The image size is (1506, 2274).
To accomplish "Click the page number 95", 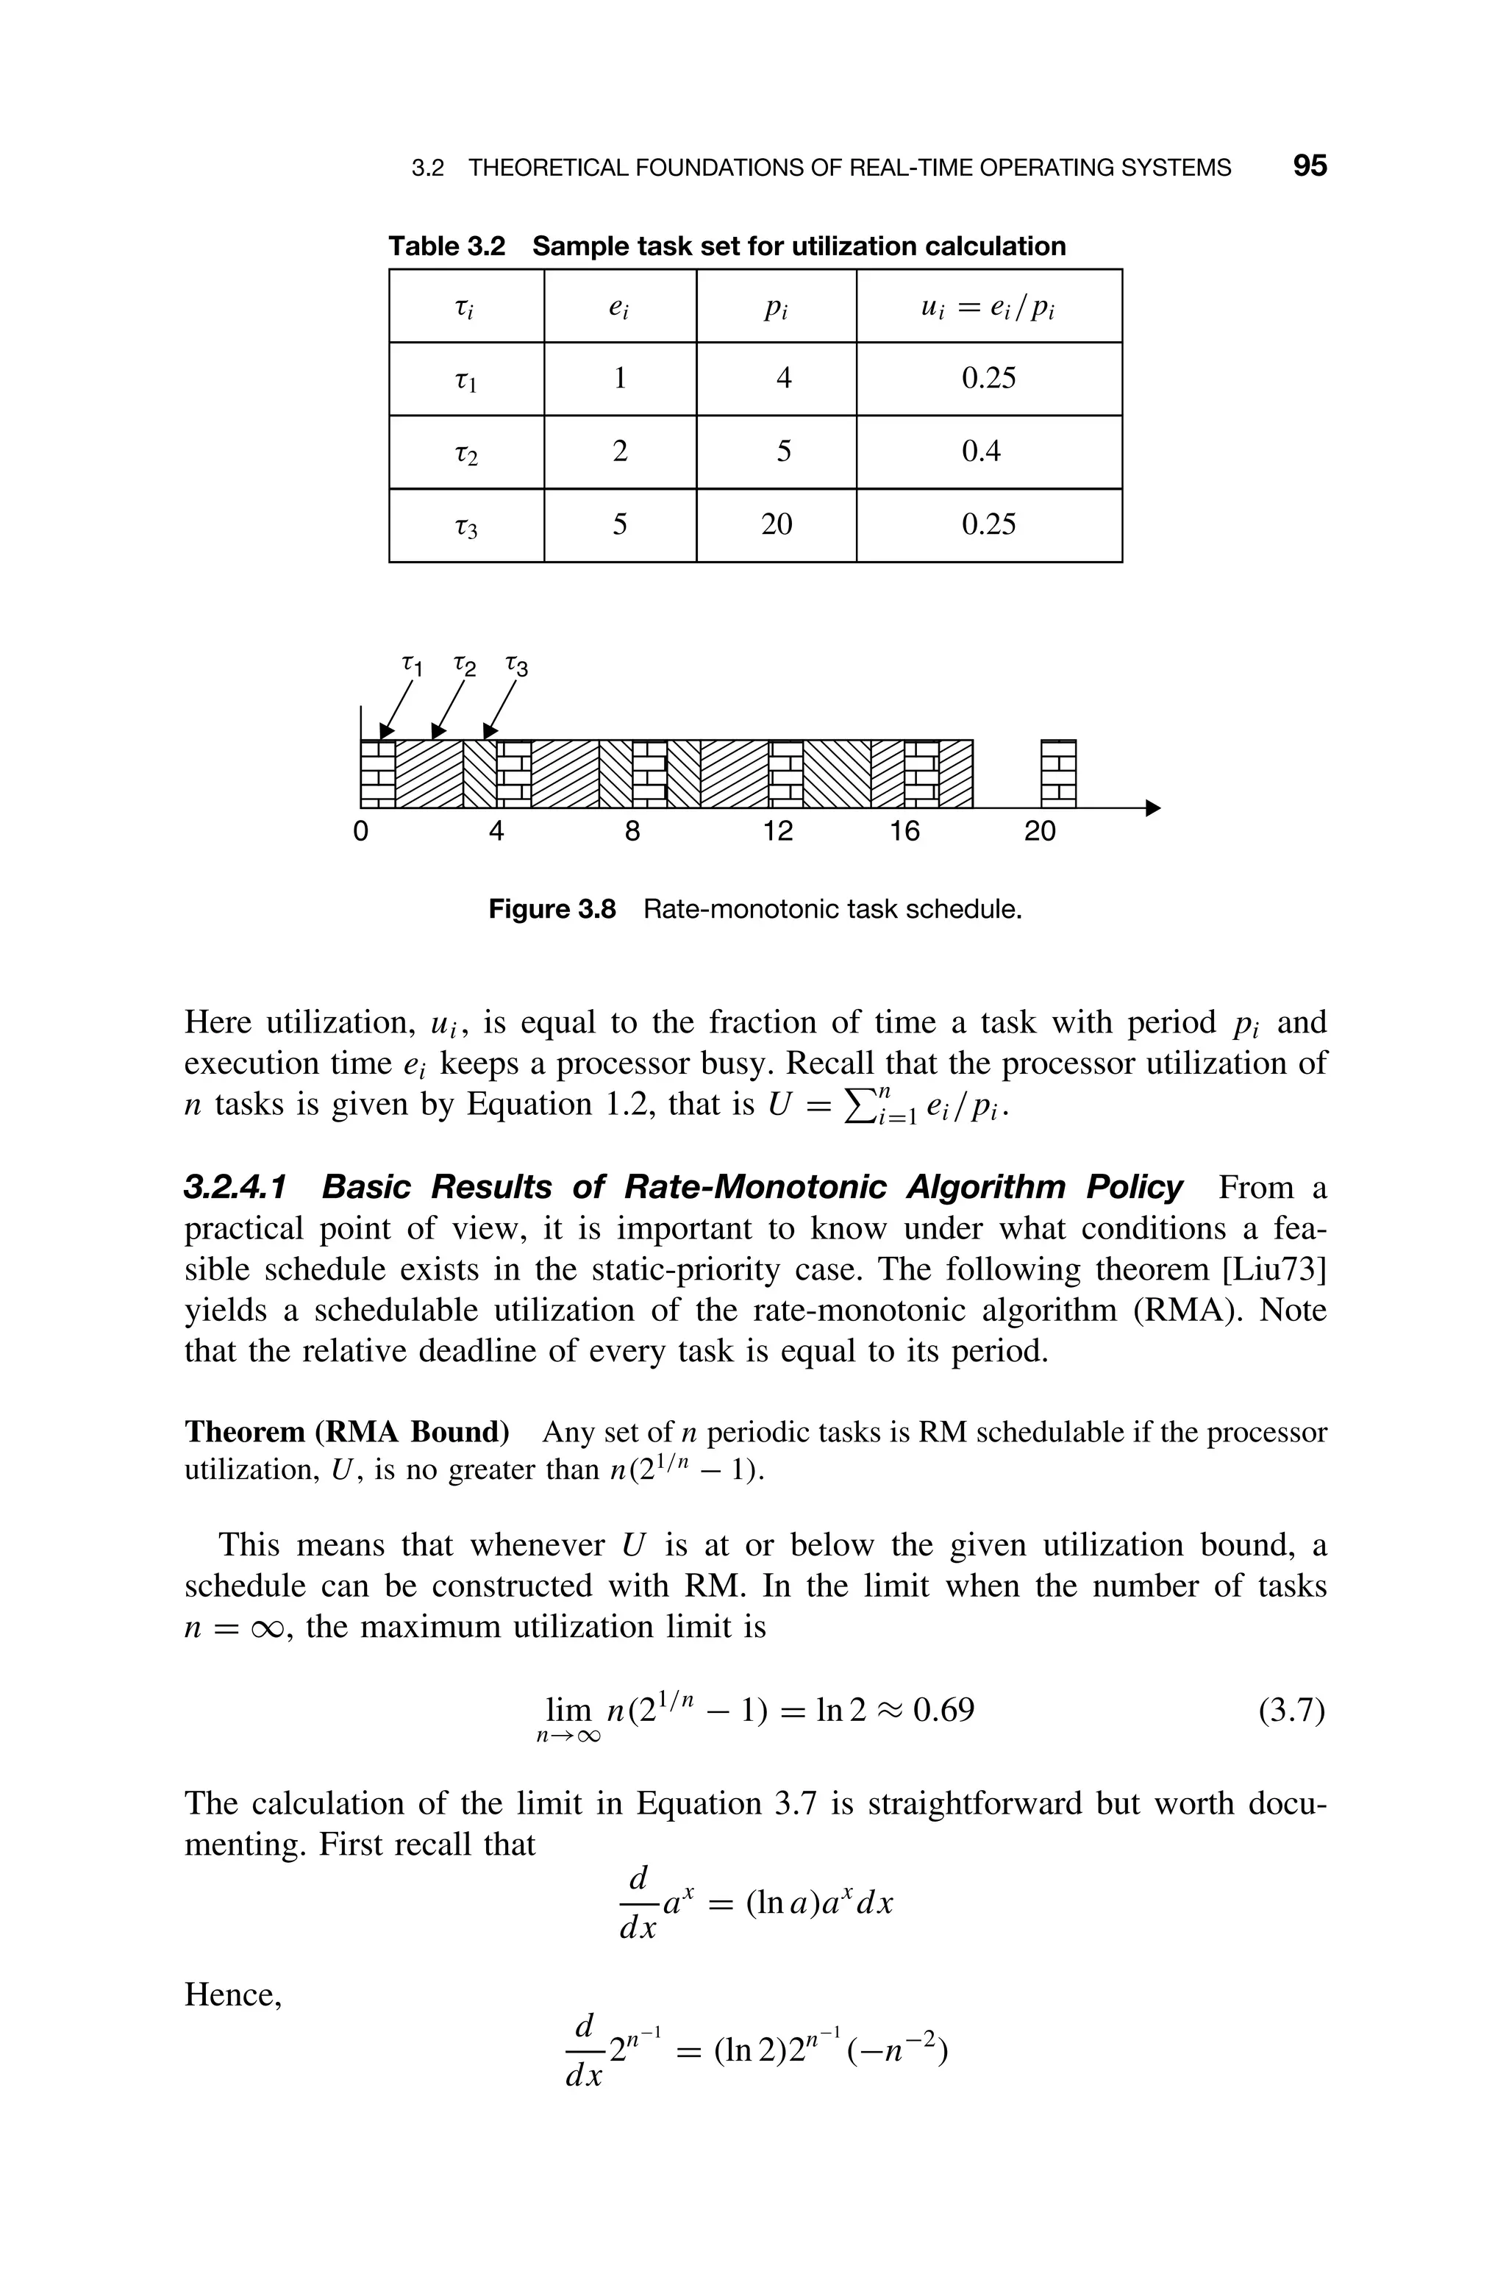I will [x=1309, y=166].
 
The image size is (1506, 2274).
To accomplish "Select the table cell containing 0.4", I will [x=988, y=452].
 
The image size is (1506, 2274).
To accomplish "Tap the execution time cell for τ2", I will [x=621, y=452].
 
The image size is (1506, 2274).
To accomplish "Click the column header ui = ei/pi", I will [x=988, y=307].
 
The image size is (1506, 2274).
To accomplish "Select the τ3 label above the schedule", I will [x=517, y=666].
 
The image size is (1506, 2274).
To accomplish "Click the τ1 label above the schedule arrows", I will [x=411, y=663].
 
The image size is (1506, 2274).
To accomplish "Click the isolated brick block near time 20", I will [x=1058, y=773].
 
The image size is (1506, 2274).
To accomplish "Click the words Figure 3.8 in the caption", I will [x=552, y=908].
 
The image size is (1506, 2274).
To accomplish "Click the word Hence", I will [x=232, y=1995].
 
